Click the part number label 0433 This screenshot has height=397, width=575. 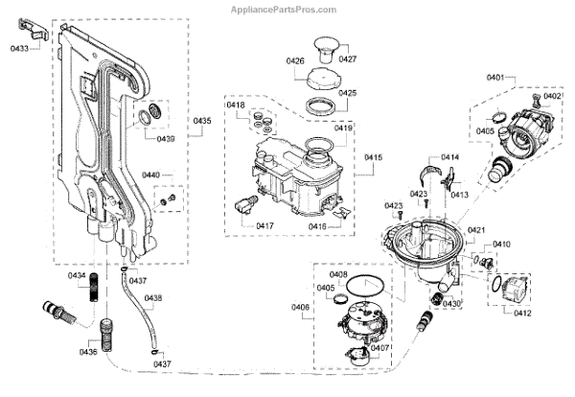click(20, 46)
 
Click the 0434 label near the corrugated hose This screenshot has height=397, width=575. click(76, 276)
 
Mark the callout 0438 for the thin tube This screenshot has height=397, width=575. click(153, 298)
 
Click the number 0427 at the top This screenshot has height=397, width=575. click(347, 58)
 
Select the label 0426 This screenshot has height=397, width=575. click(295, 60)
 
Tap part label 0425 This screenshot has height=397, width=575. click(347, 93)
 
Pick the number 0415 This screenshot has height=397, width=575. click(374, 156)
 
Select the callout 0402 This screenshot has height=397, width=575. click(553, 96)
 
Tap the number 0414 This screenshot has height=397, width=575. click(449, 157)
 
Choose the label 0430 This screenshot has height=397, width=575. click(452, 303)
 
